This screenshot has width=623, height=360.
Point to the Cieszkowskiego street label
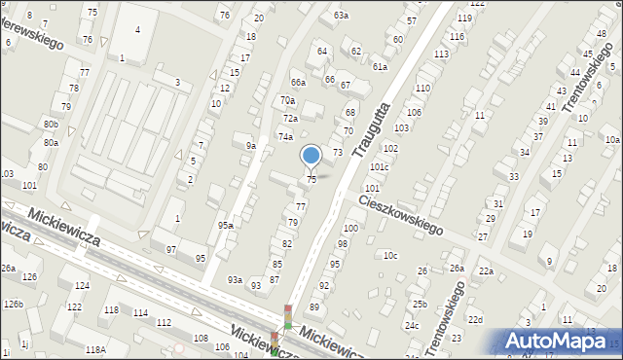point(400,214)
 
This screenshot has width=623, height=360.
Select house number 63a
point(341,16)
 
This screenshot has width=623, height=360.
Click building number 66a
point(298,83)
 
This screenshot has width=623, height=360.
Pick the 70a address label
point(287,100)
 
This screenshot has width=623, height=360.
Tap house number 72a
point(290,118)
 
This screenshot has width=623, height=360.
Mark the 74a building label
point(285,137)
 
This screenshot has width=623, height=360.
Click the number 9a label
point(250,146)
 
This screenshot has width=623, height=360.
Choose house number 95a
point(225,226)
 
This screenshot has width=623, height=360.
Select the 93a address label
point(235,279)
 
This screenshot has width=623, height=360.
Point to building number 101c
point(379,166)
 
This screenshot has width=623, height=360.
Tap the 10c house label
point(389,255)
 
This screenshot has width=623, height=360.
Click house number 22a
point(485,270)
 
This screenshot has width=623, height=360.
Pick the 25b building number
point(419,305)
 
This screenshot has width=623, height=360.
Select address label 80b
point(51,125)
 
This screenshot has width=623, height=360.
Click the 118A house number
point(94,349)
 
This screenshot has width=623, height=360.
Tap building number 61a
point(380,66)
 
